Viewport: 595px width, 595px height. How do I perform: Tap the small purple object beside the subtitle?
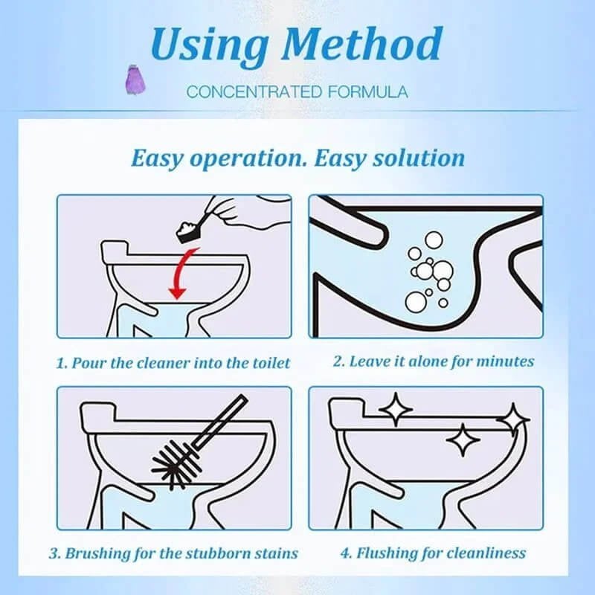(x=133, y=77)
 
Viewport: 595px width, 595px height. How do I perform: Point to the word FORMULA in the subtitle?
(x=366, y=92)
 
